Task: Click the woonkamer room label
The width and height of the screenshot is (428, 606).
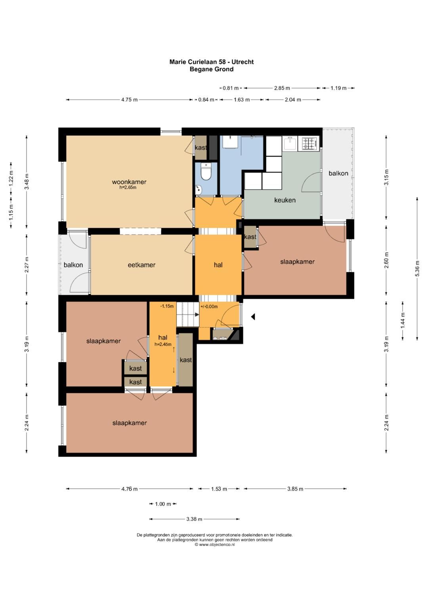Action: coord(129,182)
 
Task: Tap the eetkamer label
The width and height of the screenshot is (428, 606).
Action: coord(141,265)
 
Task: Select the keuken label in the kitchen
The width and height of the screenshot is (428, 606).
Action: coord(285,200)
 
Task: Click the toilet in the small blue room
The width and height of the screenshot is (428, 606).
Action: coord(206,171)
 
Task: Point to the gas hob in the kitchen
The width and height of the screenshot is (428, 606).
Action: coord(310,144)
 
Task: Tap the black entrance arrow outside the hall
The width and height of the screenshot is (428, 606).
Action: coord(253,317)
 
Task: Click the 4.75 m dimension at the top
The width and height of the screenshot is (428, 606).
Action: coord(130,100)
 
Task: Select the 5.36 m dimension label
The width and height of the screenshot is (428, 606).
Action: coord(417,268)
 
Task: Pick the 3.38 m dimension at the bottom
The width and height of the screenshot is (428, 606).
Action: coord(194,519)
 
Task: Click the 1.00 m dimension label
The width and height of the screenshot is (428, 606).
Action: coord(163,504)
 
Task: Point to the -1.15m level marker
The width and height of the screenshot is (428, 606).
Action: coord(167,306)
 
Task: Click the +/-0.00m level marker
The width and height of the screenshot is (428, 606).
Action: coord(209,306)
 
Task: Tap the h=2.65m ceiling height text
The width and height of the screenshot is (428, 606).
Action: coord(128,187)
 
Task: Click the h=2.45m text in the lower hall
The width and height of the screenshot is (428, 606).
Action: coord(163,344)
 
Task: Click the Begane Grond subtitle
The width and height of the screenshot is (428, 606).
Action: coord(212,69)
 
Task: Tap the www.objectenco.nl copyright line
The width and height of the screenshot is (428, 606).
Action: coord(215,544)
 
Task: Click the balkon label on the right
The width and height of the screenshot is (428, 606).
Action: coord(338,173)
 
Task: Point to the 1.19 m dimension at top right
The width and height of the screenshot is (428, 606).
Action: coord(338,88)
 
